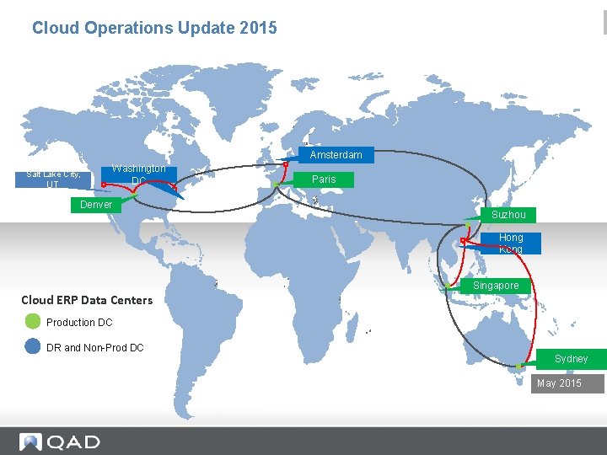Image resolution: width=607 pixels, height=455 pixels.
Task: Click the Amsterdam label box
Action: (x=336, y=155)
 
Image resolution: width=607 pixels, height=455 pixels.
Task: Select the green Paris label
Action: (x=324, y=179)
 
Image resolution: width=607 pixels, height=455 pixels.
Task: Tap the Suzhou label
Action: (x=508, y=215)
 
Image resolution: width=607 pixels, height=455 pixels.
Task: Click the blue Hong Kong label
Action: (x=510, y=244)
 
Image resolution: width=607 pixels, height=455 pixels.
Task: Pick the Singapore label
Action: (x=496, y=286)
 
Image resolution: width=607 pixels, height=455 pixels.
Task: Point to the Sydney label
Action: (x=571, y=359)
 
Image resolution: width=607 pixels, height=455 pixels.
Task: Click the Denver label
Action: (x=96, y=205)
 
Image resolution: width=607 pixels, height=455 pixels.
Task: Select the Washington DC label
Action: (x=139, y=175)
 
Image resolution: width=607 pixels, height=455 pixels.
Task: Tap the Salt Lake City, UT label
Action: (x=54, y=179)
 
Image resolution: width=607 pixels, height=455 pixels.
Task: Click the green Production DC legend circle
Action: (x=33, y=321)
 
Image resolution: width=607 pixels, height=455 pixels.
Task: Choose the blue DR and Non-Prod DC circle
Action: (x=33, y=346)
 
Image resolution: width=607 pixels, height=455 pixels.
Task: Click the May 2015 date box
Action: (x=559, y=383)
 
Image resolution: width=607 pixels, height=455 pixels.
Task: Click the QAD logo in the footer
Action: (x=60, y=442)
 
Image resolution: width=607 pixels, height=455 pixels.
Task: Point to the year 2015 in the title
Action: (x=258, y=28)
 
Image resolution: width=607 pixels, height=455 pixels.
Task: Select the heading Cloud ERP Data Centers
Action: (x=87, y=300)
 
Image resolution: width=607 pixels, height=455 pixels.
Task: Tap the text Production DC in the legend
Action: (x=79, y=323)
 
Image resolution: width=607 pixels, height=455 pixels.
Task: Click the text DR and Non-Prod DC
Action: (x=95, y=347)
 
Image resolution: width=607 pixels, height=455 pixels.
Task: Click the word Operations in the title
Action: (x=128, y=28)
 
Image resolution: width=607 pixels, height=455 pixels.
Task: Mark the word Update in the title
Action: (x=208, y=28)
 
